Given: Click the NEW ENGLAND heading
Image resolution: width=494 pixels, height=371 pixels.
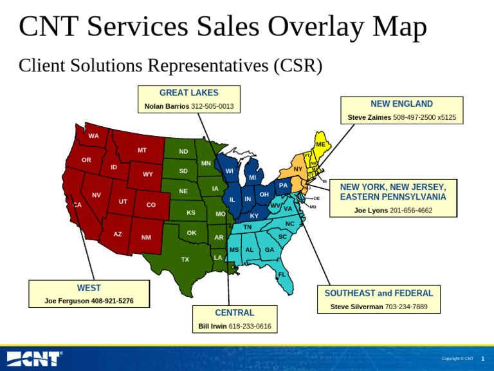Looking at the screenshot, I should pos(401,104).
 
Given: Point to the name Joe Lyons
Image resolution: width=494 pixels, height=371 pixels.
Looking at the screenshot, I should pos(371,211).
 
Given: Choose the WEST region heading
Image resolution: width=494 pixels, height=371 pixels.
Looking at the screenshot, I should pos(89,288).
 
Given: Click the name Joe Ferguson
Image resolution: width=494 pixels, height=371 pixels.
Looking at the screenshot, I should pos(67,301).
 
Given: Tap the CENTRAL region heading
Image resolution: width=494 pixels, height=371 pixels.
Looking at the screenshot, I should pos(234,312).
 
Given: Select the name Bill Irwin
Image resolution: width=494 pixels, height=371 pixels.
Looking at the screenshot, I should pos(212,327).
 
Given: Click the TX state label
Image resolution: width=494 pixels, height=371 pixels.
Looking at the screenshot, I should pos(185,260).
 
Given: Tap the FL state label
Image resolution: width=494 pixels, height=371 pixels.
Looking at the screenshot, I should pos(281,274).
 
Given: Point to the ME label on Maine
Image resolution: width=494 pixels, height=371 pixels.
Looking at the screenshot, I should pos(320,144).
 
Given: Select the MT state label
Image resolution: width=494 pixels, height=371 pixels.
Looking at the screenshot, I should pos(142,150).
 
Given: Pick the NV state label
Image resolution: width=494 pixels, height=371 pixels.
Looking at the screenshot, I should pos(96,195).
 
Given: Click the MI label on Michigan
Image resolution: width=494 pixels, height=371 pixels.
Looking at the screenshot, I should pos(252,178).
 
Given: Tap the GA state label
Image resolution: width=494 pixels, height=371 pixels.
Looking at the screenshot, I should pos(270,250).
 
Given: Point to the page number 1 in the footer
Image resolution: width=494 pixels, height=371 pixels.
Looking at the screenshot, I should pos(482,359).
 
